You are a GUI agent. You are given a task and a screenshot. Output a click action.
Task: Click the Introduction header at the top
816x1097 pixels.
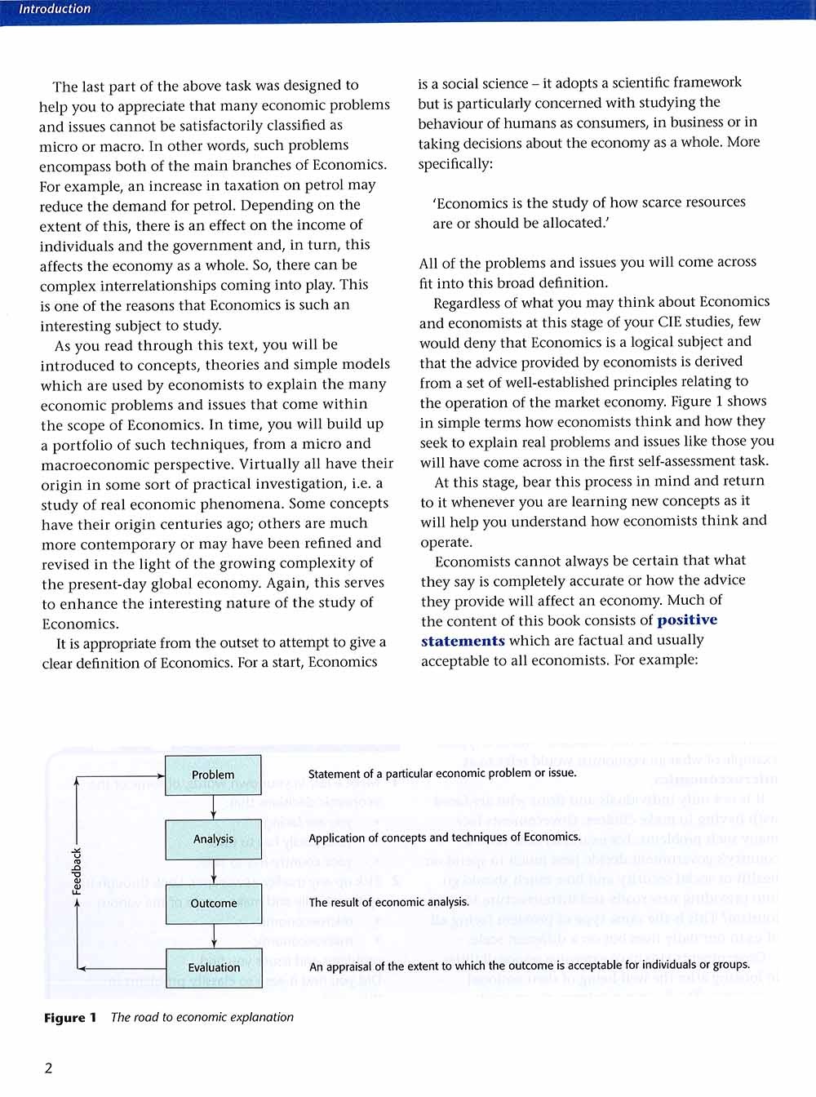pos(55,10)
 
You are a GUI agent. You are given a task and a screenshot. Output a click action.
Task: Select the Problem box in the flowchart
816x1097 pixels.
pos(213,775)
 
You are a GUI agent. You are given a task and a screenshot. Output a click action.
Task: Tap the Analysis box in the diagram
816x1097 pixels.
pos(213,839)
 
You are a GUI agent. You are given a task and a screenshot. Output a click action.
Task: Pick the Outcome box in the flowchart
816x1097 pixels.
pos(214,904)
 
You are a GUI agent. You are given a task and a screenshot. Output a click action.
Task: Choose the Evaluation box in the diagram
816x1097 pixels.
pos(214,968)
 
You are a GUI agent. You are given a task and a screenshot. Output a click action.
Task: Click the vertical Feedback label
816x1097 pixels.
pos(77,871)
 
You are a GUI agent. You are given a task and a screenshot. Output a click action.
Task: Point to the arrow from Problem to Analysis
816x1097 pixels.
pos(213,807)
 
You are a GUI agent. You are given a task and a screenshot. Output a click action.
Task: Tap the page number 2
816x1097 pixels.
pos(48,1068)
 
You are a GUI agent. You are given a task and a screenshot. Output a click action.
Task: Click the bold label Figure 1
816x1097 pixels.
pos(70,1018)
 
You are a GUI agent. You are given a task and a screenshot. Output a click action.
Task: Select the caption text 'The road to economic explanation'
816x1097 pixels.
pos(202,1017)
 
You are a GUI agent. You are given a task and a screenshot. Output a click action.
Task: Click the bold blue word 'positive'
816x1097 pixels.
pos(687,620)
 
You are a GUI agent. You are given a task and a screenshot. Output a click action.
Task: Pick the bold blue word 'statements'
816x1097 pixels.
pos(463,641)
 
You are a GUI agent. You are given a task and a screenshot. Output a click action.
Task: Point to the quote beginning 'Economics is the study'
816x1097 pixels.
pos(588,212)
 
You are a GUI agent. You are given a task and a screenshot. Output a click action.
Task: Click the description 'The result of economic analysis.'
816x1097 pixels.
pos(389,902)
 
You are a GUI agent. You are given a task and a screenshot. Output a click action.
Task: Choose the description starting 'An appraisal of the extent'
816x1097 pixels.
pos(530,966)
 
